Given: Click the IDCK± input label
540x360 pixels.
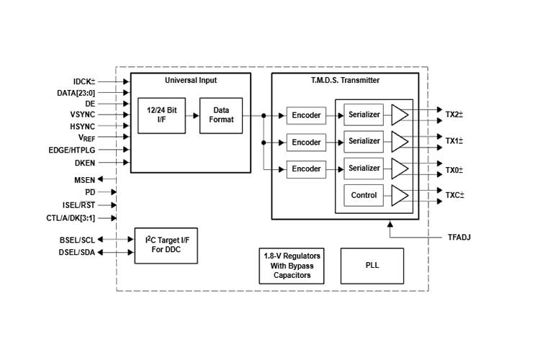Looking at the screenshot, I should [x=84, y=81].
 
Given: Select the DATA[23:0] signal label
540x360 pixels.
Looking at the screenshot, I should [x=76, y=93].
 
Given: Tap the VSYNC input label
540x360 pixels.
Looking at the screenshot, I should [x=83, y=114].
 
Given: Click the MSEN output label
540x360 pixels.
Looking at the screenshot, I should [x=84, y=179].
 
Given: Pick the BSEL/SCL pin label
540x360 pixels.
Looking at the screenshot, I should [x=77, y=239].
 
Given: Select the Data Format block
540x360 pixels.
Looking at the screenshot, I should [x=222, y=114].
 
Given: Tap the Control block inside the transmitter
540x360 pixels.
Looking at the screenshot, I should [x=364, y=195].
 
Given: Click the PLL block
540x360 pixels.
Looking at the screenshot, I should [x=372, y=265].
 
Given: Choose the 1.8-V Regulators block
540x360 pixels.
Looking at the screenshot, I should [x=292, y=265].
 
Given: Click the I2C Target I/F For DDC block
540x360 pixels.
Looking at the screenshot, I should [x=166, y=245].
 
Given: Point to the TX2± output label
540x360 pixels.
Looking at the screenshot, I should [x=454, y=114].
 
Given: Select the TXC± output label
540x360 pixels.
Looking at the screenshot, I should [x=454, y=195].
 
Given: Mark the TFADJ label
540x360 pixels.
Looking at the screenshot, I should [x=459, y=237].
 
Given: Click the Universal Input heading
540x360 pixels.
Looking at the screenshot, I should [x=191, y=80].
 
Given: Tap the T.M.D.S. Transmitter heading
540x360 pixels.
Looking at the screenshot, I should [x=345, y=80].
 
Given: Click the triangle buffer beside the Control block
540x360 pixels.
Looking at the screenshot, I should [x=400, y=195].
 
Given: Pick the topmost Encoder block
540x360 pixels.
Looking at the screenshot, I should [x=306, y=114].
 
